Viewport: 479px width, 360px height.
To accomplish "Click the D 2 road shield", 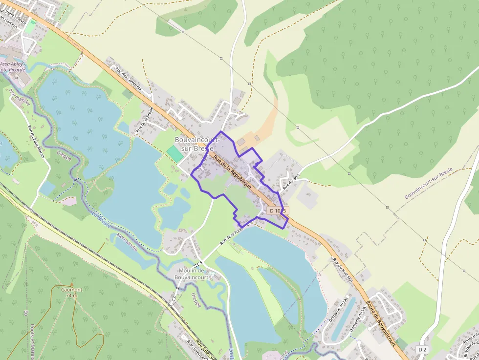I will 423,349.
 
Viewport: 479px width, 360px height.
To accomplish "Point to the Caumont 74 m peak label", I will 71,292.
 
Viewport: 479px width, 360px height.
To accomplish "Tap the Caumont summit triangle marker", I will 71,284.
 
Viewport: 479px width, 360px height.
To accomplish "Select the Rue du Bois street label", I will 290,179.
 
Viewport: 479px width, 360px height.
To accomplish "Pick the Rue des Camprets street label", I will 128,78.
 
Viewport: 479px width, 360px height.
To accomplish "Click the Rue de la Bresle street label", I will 145,120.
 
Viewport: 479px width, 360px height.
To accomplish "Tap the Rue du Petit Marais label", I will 36,142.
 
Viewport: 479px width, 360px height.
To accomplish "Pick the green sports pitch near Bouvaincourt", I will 174,153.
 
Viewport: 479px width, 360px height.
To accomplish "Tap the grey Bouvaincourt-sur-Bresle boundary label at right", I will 429,183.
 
